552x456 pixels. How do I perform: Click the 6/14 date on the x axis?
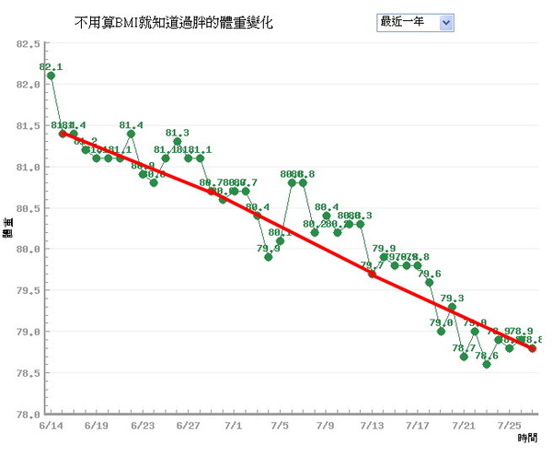pos(51,426)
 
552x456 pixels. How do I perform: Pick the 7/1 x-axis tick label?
pos(234,426)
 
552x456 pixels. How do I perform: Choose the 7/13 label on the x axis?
pos(372,426)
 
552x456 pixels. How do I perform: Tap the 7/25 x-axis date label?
pos(509,426)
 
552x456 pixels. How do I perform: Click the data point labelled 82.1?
pos(51,76)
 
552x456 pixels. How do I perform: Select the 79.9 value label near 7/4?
pos(269,248)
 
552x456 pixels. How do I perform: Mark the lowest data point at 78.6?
pos(487,364)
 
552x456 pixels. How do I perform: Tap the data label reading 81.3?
pos(178,134)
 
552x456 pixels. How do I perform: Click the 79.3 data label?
pos(452,298)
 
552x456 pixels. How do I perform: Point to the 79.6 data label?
pos(429,274)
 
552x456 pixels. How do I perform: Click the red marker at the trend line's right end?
pos(533,348)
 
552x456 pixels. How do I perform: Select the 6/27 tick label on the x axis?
pos(188,426)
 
